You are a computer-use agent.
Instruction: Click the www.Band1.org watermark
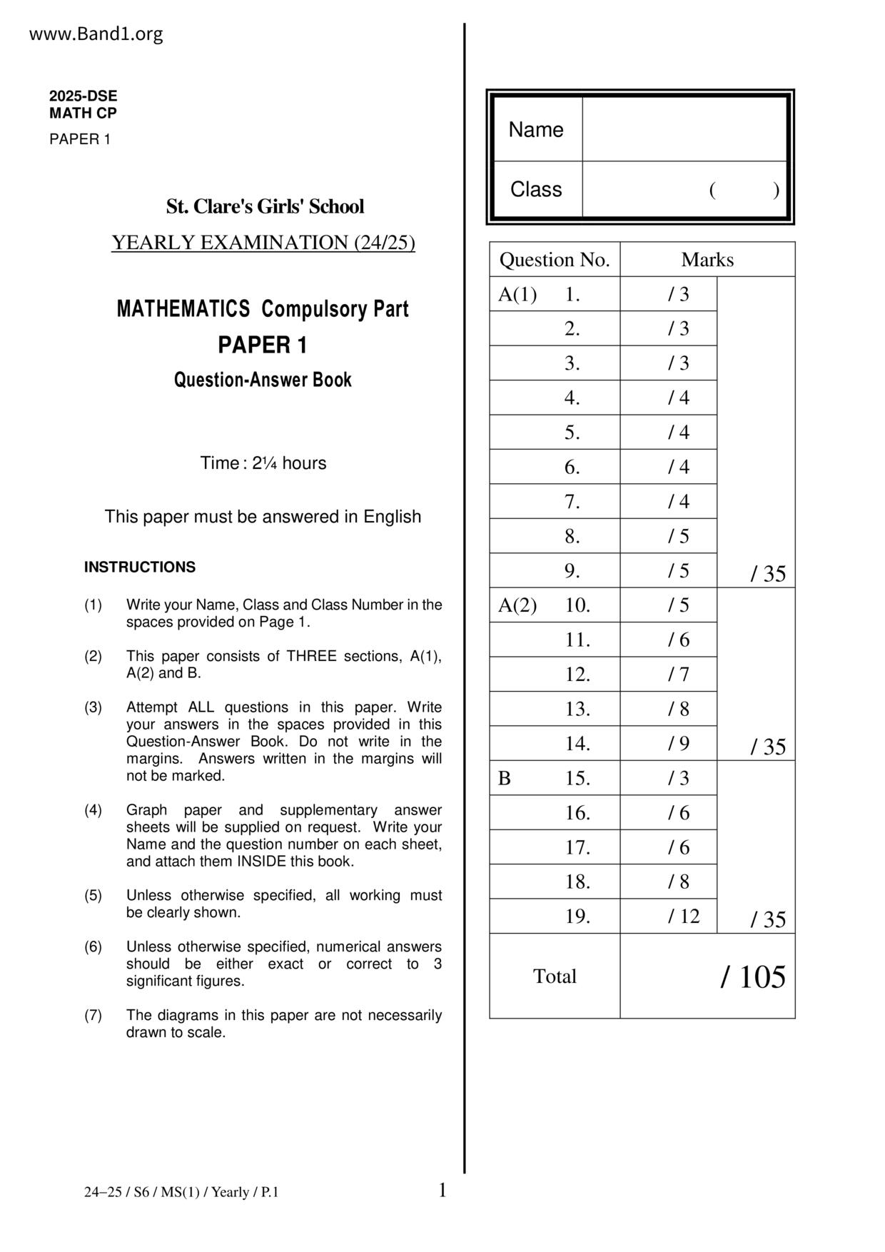pyautogui.click(x=96, y=34)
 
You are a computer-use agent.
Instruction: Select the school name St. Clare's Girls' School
pyautogui.click(x=265, y=207)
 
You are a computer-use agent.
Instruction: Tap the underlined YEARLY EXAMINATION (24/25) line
pyautogui.click(x=263, y=243)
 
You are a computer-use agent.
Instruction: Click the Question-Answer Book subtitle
pyautogui.click(x=263, y=380)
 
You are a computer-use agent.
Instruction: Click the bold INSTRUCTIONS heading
pyautogui.click(x=139, y=567)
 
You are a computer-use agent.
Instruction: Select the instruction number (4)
pyautogui.click(x=93, y=810)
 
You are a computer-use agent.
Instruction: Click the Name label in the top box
pyautogui.click(x=535, y=130)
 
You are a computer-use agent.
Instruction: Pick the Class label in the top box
pyautogui.click(x=535, y=190)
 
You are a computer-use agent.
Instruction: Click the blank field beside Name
pyautogui.click(x=684, y=129)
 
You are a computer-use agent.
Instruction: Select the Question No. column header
pyautogui.click(x=555, y=260)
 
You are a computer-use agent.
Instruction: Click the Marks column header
pyautogui.click(x=707, y=260)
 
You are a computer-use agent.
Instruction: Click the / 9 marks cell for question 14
pyautogui.click(x=678, y=744)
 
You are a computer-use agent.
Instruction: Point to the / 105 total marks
pyautogui.click(x=752, y=977)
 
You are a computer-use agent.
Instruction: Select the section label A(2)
pyautogui.click(x=517, y=605)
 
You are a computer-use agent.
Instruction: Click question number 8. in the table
pyautogui.click(x=572, y=536)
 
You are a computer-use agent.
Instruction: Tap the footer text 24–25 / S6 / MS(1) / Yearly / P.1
pyautogui.click(x=181, y=1192)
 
